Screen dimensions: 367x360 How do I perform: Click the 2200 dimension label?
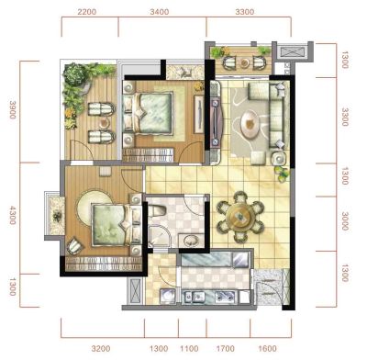tap(87, 12)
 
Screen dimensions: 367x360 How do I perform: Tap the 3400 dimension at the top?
tap(160, 12)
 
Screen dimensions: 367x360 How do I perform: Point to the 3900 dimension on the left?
tap(13, 109)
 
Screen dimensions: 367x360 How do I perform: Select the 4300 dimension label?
tap(13, 215)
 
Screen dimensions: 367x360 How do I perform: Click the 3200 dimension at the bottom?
tap(101, 349)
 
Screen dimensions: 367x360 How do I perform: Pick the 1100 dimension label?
tap(189, 349)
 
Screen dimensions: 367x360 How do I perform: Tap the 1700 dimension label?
tap(226, 349)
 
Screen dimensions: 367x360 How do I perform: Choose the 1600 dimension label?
tap(267, 349)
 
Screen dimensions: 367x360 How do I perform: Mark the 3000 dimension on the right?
tap(345, 221)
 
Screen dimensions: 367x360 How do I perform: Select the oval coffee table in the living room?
tap(250, 124)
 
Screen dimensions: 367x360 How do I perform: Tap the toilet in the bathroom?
tap(157, 210)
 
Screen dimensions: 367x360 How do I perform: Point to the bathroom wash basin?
tap(192, 241)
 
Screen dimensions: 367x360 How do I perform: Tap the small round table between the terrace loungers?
tap(105, 123)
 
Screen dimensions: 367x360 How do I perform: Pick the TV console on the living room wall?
tap(217, 121)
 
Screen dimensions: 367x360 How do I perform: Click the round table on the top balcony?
tap(244, 63)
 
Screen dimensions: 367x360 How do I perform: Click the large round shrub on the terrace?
tap(73, 74)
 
